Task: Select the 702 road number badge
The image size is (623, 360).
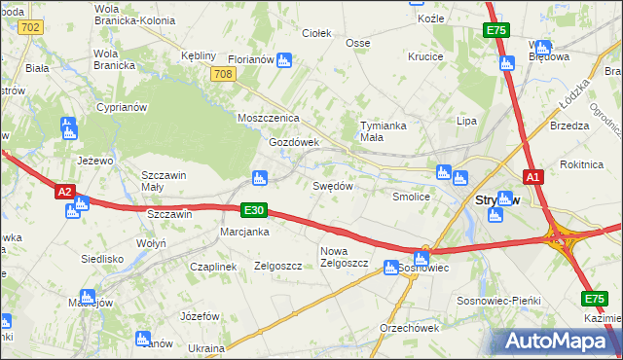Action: [29, 27]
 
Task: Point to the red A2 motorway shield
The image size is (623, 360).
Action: [64, 193]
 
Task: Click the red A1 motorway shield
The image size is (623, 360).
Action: [531, 177]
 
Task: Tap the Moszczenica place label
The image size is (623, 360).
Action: [268, 118]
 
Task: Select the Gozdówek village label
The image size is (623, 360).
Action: [294, 142]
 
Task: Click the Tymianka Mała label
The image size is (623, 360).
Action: [384, 131]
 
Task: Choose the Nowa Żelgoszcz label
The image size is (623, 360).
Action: [343, 257]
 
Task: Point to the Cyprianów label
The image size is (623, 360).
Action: [122, 107]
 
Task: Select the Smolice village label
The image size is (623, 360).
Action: [411, 197]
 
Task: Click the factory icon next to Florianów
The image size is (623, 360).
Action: [283, 60]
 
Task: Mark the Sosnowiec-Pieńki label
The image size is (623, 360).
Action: [498, 301]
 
